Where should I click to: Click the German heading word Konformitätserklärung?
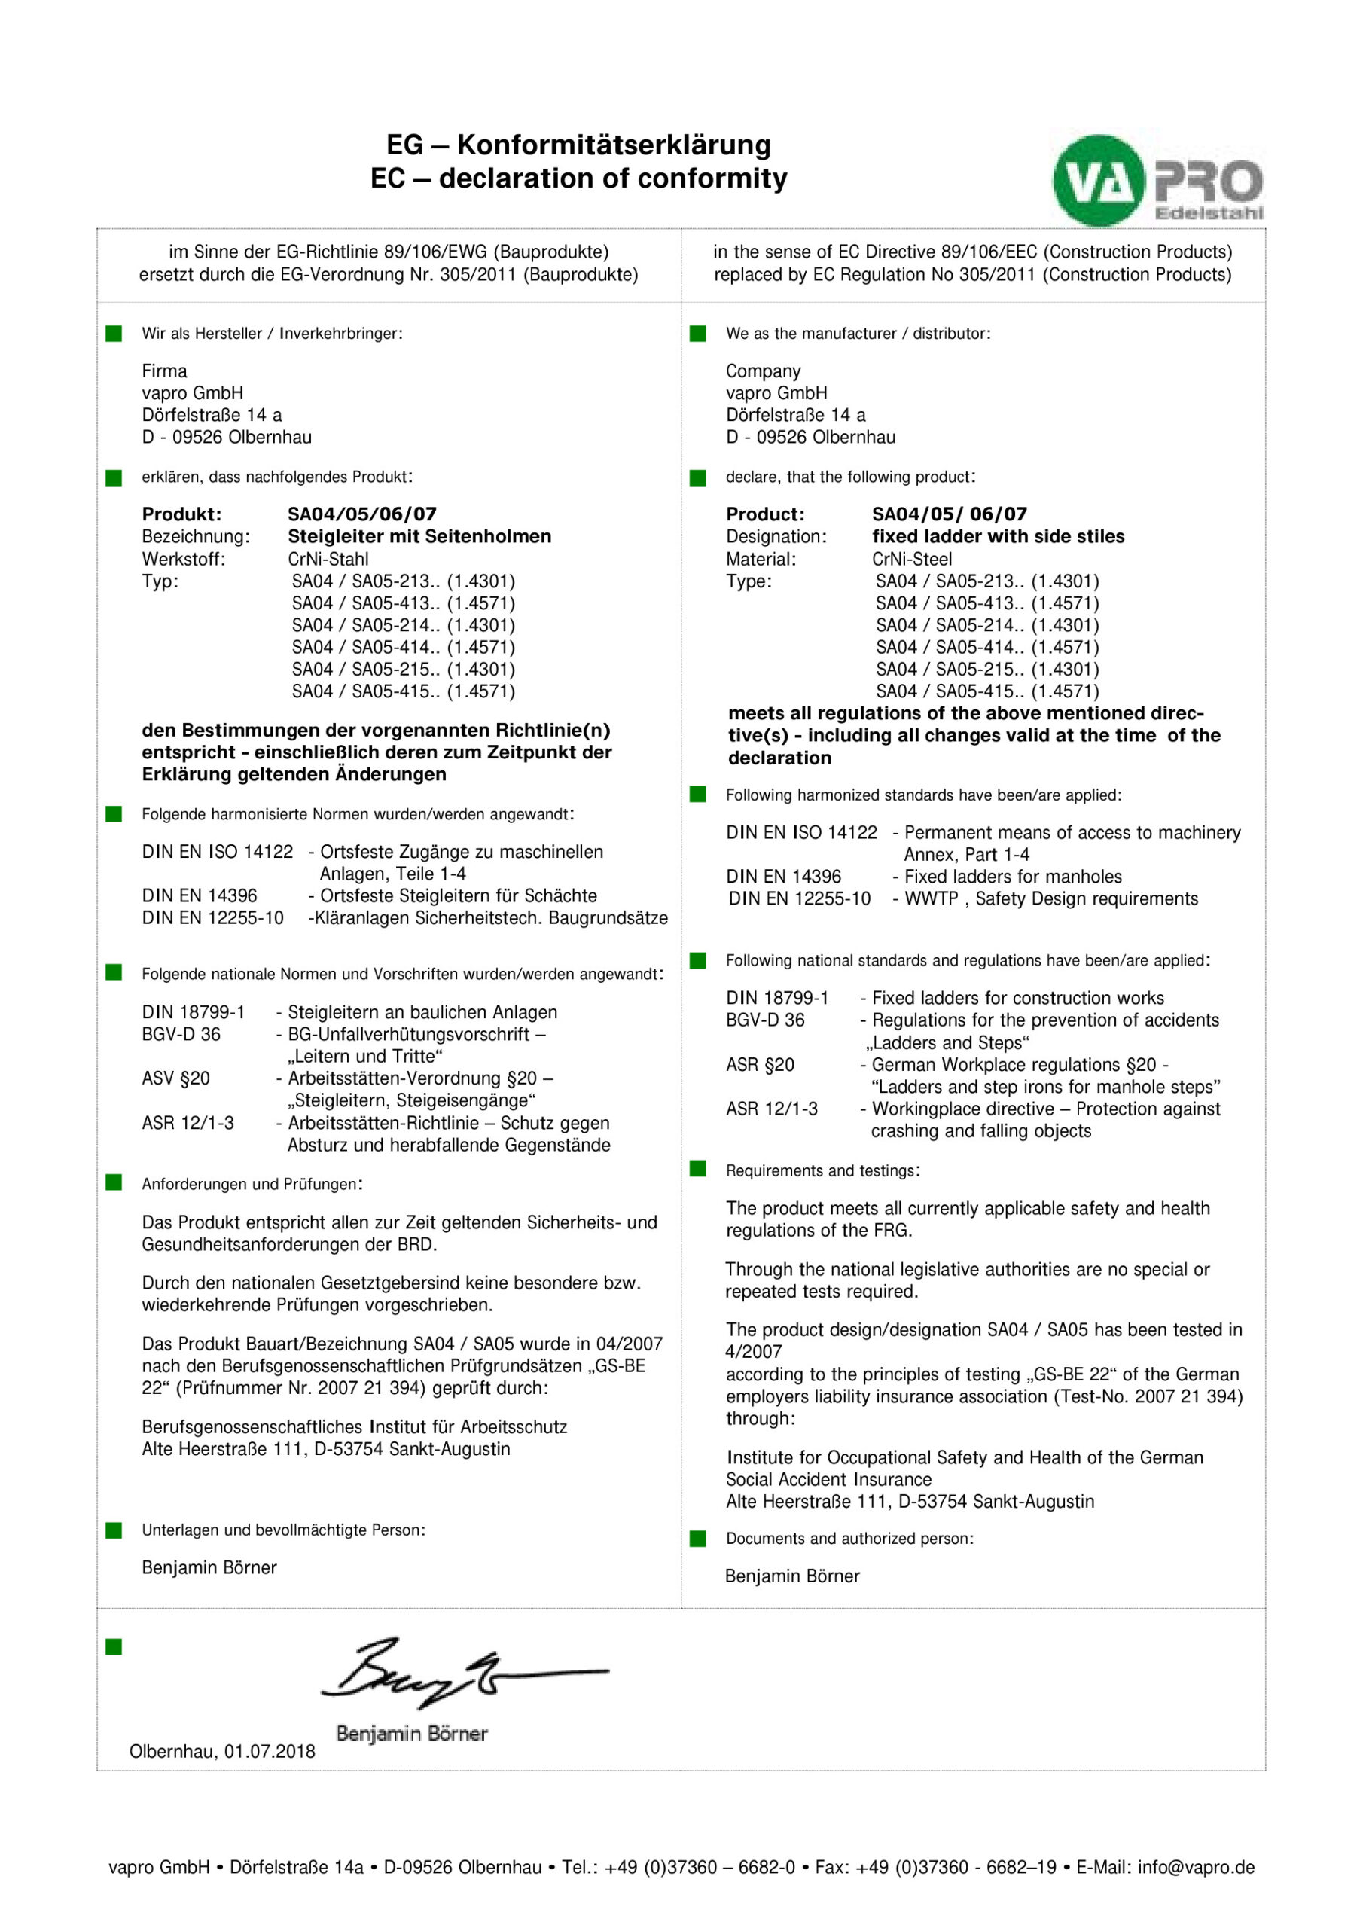(x=614, y=145)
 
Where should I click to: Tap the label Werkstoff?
(x=184, y=560)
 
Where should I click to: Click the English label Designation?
(x=776, y=536)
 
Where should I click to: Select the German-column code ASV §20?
(x=175, y=1078)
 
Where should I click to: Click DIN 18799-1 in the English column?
(x=777, y=998)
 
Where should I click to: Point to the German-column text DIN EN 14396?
(x=199, y=896)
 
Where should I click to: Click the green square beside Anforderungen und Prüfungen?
(x=114, y=1182)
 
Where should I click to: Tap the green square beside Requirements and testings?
(x=698, y=1169)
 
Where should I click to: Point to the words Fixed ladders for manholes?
(x=1013, y=877)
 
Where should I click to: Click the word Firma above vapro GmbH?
(x=165, y=371)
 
